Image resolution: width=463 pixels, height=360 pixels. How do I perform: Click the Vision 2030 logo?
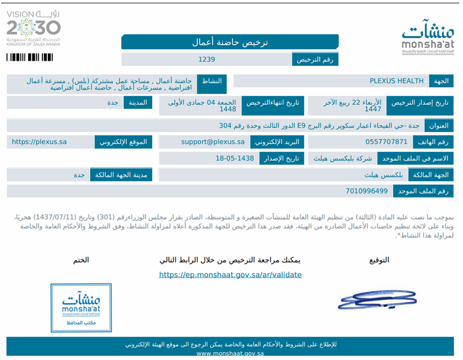coord(33,28)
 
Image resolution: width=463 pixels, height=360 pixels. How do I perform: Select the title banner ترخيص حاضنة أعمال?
coord(230,42)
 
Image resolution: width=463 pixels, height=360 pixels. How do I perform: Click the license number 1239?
coord(207,59)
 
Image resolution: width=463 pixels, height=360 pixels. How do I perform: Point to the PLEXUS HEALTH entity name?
coord(397,81)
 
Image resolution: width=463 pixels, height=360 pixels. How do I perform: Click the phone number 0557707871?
coord(387,142)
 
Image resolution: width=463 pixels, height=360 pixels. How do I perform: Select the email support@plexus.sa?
coord(213,142)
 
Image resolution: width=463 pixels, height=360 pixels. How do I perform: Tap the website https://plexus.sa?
coord(39,142)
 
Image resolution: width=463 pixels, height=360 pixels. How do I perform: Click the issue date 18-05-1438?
coord(235,158)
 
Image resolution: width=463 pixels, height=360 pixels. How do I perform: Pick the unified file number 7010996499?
coord(367,191)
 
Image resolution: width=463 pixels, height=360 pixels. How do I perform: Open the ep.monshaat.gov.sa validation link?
coord(230,275)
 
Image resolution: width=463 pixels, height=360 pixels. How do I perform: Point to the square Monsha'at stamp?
coord(81,308)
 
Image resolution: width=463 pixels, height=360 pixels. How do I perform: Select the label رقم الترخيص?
coord(315,59)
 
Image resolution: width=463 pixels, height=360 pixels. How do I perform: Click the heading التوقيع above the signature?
coord(379,260)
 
